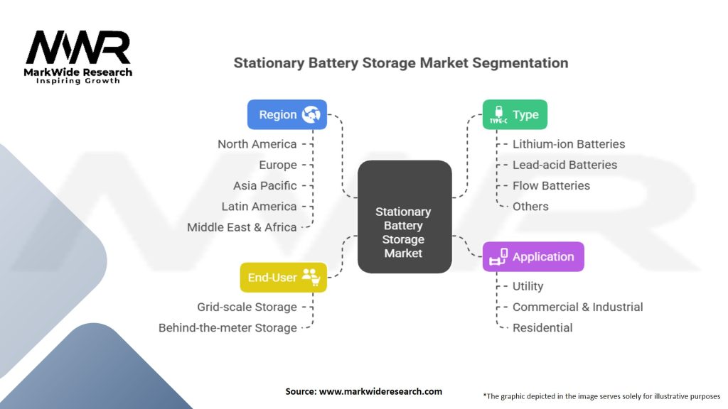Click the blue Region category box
point(287,114)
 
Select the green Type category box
point(515,114)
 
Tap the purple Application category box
point(533,256)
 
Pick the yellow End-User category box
point(283,278)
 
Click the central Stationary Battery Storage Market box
point(405,217)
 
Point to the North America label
point(257,144)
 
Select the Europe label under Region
point(278,165)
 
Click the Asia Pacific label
point(265,186)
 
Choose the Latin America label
point(259,207)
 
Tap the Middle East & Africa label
point(242,227)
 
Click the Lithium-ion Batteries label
point(569,144)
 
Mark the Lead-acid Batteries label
point(565,165)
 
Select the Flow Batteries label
point(551,186)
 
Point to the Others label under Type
point(530,207)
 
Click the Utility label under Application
point(528,286)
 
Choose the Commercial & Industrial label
point(577,307)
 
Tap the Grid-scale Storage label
point(247,307)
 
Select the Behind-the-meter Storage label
point(227,328)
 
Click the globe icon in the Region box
point(311,114)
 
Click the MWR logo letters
point(78,48)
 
